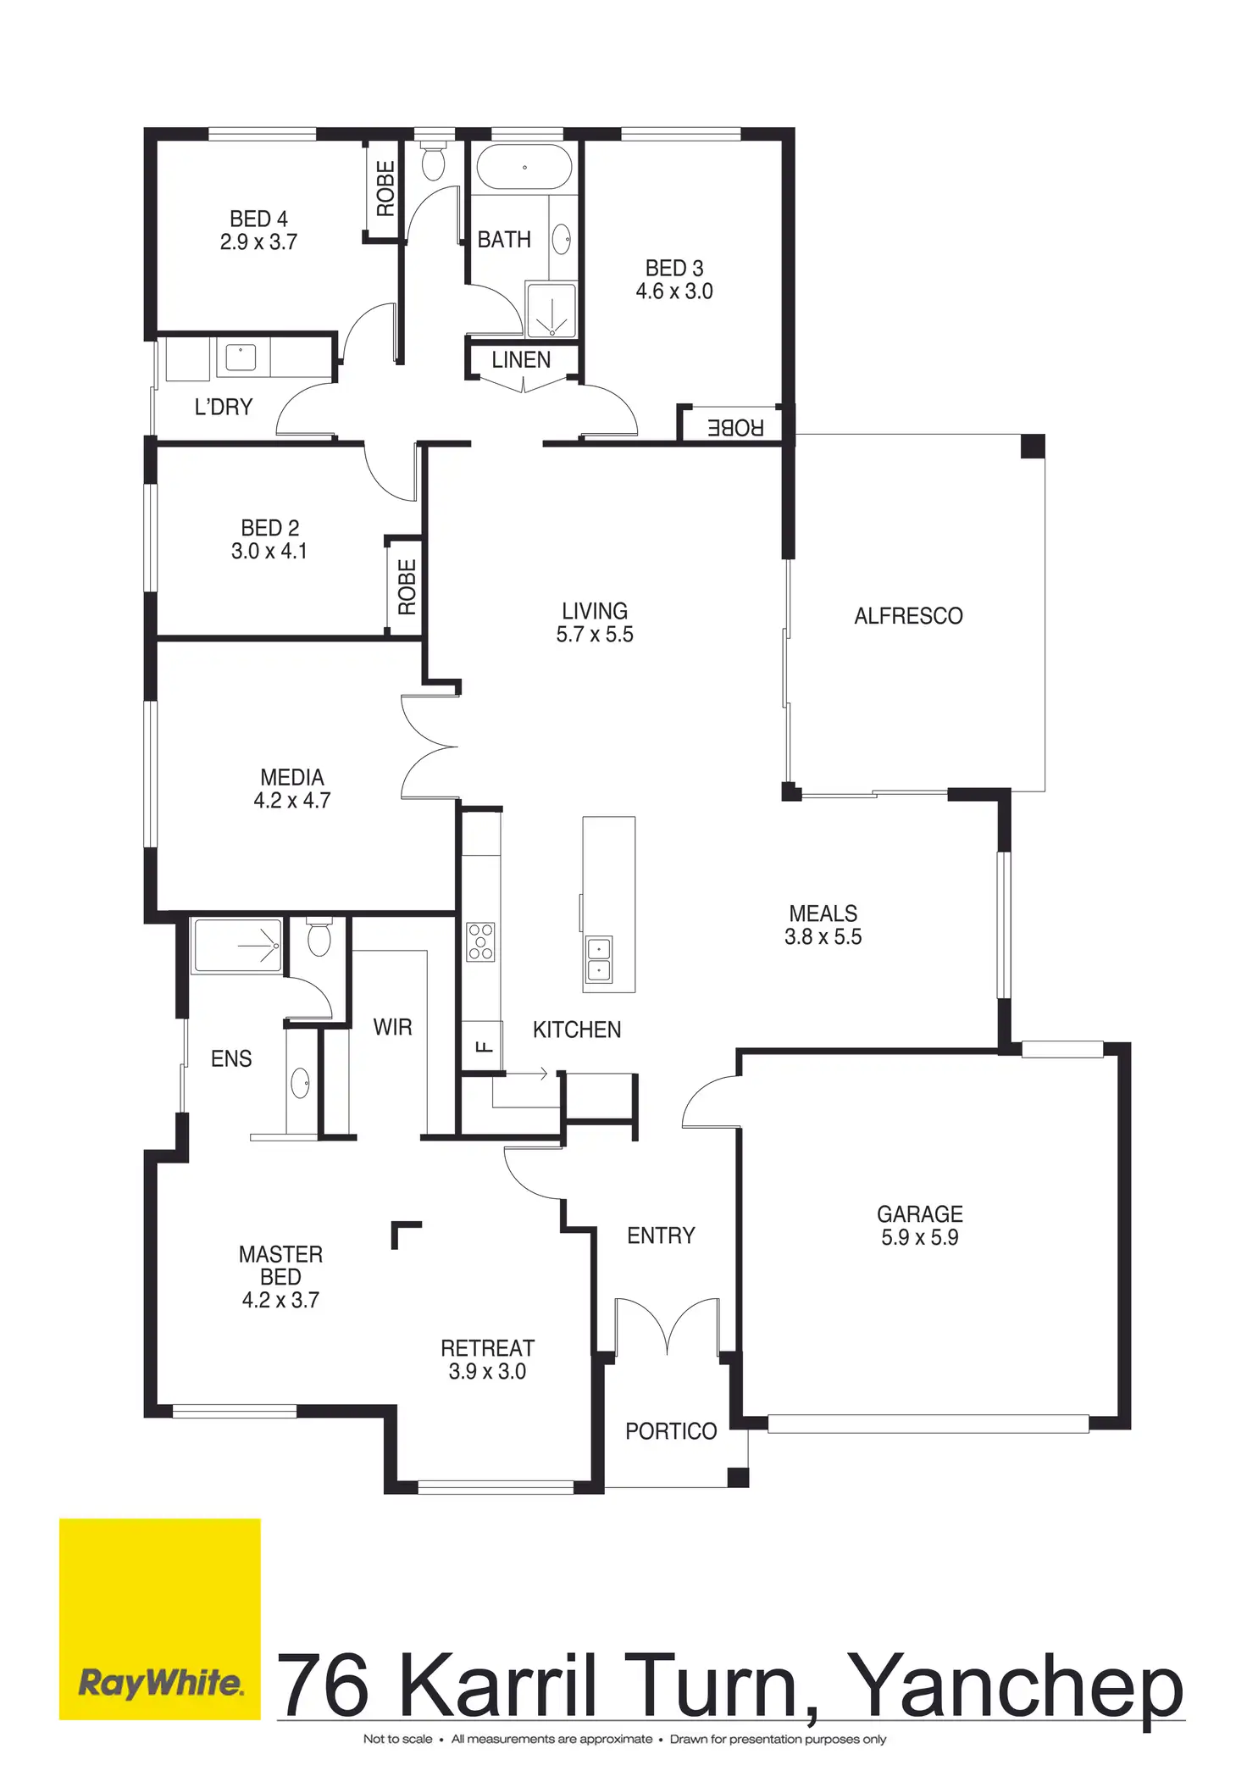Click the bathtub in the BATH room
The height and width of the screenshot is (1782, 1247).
click(x=524, y=167)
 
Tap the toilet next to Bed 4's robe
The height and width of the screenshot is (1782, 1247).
click(x=433, y=162)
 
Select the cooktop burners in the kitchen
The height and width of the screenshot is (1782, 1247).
click(x=480, y=941)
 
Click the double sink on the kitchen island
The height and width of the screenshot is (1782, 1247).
click(x=599, y=959)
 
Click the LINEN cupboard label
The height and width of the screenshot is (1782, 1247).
click(x=521, y=360)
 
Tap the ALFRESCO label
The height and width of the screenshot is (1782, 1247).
click(x=908, y=616)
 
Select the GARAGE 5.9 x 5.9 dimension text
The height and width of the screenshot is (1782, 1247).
click(x=919, y=1237)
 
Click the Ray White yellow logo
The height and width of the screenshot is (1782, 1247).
click(x=159, y=1618)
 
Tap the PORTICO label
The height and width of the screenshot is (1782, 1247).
click(x=671, y=1431)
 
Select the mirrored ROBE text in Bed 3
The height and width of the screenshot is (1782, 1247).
click(x=735, y=428)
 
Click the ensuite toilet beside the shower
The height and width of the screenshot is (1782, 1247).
click(x=319, y=938)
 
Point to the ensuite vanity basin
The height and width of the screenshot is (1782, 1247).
click(x=300, y=1083)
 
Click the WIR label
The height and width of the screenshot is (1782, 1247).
click(x=392, y=1028)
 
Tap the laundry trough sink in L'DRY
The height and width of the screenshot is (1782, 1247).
click(x=241, y=357)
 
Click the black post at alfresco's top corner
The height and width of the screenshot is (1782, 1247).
click(x=1033, y=447)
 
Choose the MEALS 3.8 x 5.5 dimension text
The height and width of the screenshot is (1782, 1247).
click(x=823, y=936)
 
